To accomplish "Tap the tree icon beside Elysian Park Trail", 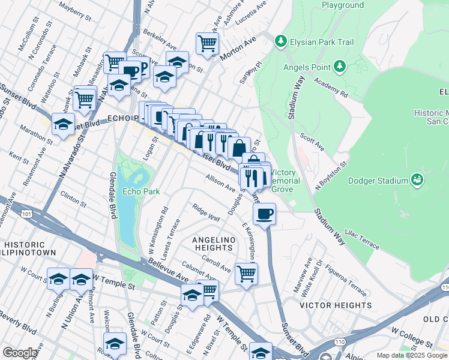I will click(280, 41).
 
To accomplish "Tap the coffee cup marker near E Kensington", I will click(264, 214).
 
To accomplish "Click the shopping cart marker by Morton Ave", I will click(207, 43).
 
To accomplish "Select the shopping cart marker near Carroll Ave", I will click(246, 274).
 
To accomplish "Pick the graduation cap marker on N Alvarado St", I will click(62, 124).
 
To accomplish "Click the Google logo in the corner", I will click(20, 353).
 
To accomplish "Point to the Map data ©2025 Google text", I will click(412, 355).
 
